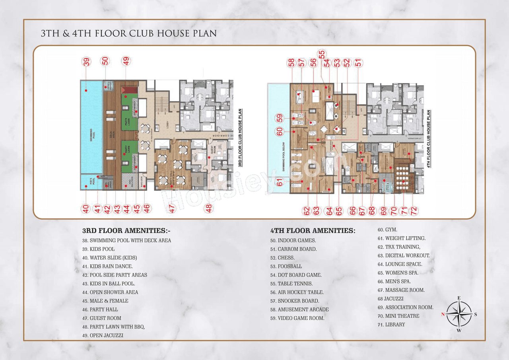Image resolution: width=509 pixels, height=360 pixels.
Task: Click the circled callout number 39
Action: pyautogui.click(x=86, y=61)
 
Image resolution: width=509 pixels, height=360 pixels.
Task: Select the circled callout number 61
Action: pyautogui.click(x=280, y=182)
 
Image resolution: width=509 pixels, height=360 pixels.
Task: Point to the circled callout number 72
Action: pyautogui.click(x=413, y=211)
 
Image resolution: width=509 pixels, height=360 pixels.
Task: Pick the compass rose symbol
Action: pyautogui.click(x=459, y=314)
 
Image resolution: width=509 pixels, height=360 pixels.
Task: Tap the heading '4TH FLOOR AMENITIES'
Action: pyautogui.click(x=313, y=231)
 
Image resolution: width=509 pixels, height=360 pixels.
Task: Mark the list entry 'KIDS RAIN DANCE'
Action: pyautogui.click(x=107, y=267)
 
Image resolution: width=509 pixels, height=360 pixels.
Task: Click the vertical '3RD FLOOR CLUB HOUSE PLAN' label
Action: pyautogui.click(x=241, y=138)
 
